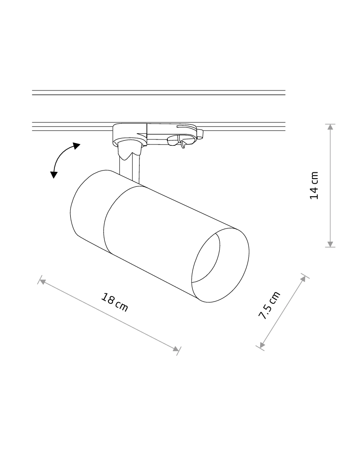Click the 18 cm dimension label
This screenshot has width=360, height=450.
click(x=115, y=302)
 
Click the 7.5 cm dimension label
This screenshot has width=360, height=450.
click(x=269, y=305)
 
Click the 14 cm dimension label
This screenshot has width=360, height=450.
click(x=314, y=185)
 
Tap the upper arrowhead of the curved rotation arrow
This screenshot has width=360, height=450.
click(x=76, y=146)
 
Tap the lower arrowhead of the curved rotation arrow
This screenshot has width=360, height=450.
click(x=54, y=175)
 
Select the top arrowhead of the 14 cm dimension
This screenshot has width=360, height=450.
click(x=330, y=127)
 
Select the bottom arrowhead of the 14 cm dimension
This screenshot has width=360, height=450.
click(x=330, y=244)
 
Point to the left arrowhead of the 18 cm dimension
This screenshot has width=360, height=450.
click(x=42, y=282)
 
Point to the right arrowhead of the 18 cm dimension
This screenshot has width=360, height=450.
click(x=175, y=349)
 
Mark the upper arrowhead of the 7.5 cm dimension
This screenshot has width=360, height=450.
click(x=303, y=279)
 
